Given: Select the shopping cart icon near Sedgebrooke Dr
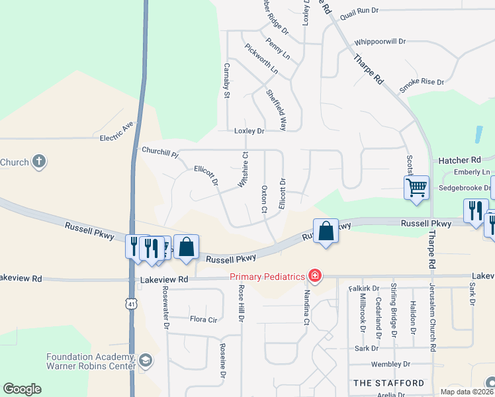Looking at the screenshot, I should point(416,188).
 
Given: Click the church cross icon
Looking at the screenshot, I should point(39,161).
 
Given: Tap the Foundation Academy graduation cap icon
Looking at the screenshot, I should point(146,361).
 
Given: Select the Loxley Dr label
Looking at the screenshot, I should point(249,131).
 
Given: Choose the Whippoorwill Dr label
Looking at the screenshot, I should point(379,41).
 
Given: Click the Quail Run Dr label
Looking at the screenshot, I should point(358,11).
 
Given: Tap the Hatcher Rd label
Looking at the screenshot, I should point(459,160).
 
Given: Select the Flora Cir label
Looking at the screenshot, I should point(204,319).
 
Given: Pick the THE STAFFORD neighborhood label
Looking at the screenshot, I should point(389,383).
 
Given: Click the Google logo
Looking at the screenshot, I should point(22,389).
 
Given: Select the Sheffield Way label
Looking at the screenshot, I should point(276,109).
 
